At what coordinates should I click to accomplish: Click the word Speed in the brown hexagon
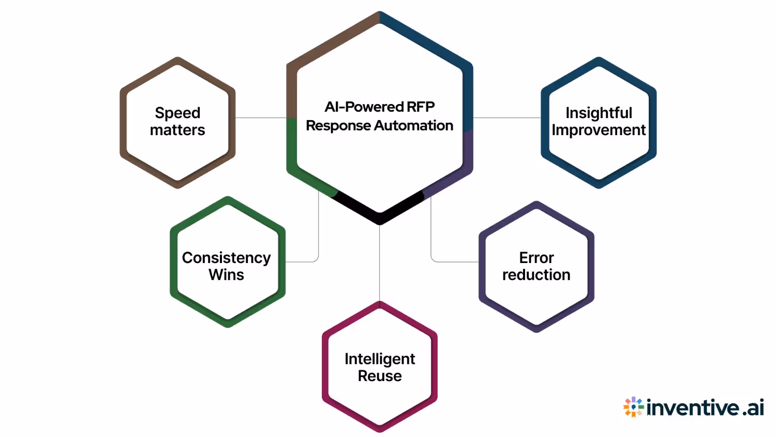point(177,113)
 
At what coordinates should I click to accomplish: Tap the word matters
point(177,130)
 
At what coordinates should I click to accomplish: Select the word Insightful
point(599,113)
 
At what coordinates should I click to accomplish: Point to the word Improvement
point(599,130)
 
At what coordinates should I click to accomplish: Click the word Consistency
point(226,258)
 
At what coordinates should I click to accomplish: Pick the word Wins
point(226,275)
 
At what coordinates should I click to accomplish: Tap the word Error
point(536,258)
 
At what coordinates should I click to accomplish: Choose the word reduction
point(536,275)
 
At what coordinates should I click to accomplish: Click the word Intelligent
point(380,359)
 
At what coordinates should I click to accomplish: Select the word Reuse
point(380,376)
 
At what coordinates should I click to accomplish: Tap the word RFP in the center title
point(421,107)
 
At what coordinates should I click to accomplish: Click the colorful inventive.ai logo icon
point(633,407)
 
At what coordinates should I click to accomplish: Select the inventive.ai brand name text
point(705,408)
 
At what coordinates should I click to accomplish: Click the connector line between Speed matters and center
point(261,118)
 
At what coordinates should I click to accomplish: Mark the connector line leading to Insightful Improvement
point(507,118)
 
